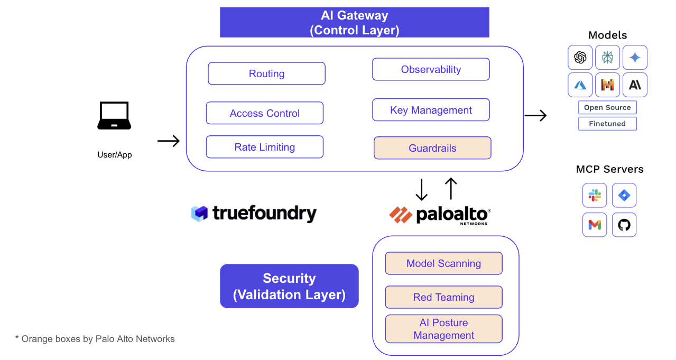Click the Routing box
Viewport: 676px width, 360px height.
pos(266,73)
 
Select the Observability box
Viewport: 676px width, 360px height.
pos(431,69)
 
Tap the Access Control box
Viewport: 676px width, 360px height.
pos(264,113)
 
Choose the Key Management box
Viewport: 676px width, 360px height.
pos(431,110)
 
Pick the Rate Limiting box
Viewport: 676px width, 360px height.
pos(264,147)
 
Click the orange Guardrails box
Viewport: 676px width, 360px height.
pos(432,148)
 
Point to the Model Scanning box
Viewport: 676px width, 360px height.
pos(443,263)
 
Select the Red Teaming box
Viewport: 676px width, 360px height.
pos(443,297)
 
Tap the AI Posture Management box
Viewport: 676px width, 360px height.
pos(443,329)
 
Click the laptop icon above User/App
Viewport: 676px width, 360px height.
pos(114,116)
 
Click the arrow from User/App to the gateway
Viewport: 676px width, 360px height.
pos(169,141)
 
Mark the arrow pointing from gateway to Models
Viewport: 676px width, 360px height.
pos(535,115)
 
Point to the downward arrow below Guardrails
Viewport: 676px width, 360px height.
pos(421,190)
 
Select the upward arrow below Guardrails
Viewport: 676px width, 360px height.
pos(450,189)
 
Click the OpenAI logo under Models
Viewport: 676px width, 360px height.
pos(580,58)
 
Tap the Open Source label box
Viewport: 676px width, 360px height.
pos(607,107)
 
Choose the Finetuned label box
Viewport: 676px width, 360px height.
pos(607,124)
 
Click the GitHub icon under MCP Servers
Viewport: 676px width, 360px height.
pos(624,225)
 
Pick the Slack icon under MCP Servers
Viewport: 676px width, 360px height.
pos(595,196)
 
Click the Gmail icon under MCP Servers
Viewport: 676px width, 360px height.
pos(595,225)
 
